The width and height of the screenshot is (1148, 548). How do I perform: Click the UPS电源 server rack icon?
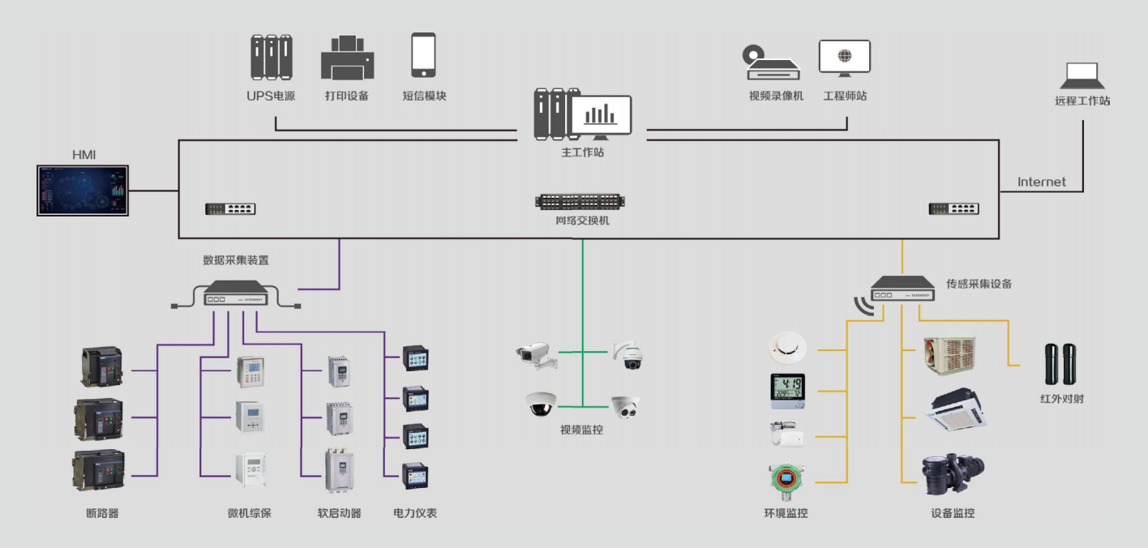(x=272, y=57)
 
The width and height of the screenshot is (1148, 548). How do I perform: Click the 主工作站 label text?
(x=582, y=152)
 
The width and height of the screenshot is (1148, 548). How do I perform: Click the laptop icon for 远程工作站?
(x=1082, y=75)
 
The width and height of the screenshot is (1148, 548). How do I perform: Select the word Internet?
(x=1042, y=182)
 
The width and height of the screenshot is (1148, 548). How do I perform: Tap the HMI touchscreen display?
(x=83, y=191)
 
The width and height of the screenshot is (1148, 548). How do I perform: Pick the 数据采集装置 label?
(x=236, y=260)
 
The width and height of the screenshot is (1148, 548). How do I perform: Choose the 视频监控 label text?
(x=581, y=430)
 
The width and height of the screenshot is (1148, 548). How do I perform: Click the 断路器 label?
(x=102, y=513)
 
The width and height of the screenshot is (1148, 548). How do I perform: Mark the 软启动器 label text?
(x=339, y=513)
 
